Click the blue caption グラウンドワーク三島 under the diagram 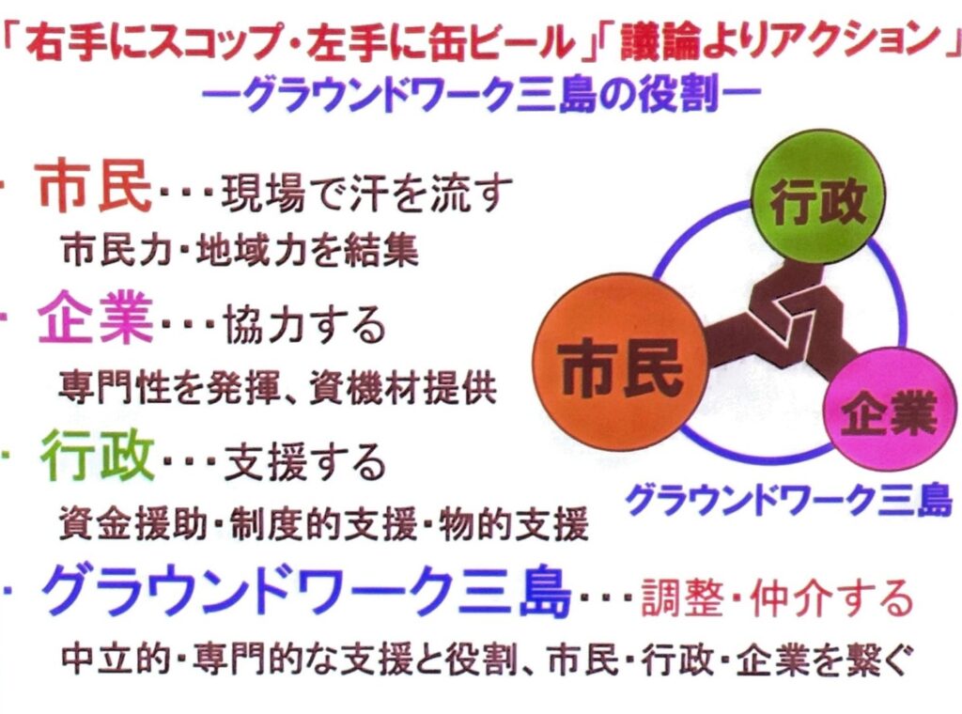(788, 500)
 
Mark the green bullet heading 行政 (97, 457)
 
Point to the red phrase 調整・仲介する (777, 598)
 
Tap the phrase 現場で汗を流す (366, 193)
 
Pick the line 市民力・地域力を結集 (240, 251)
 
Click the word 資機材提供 (402, 387)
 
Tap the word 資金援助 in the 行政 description (133, 524)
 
